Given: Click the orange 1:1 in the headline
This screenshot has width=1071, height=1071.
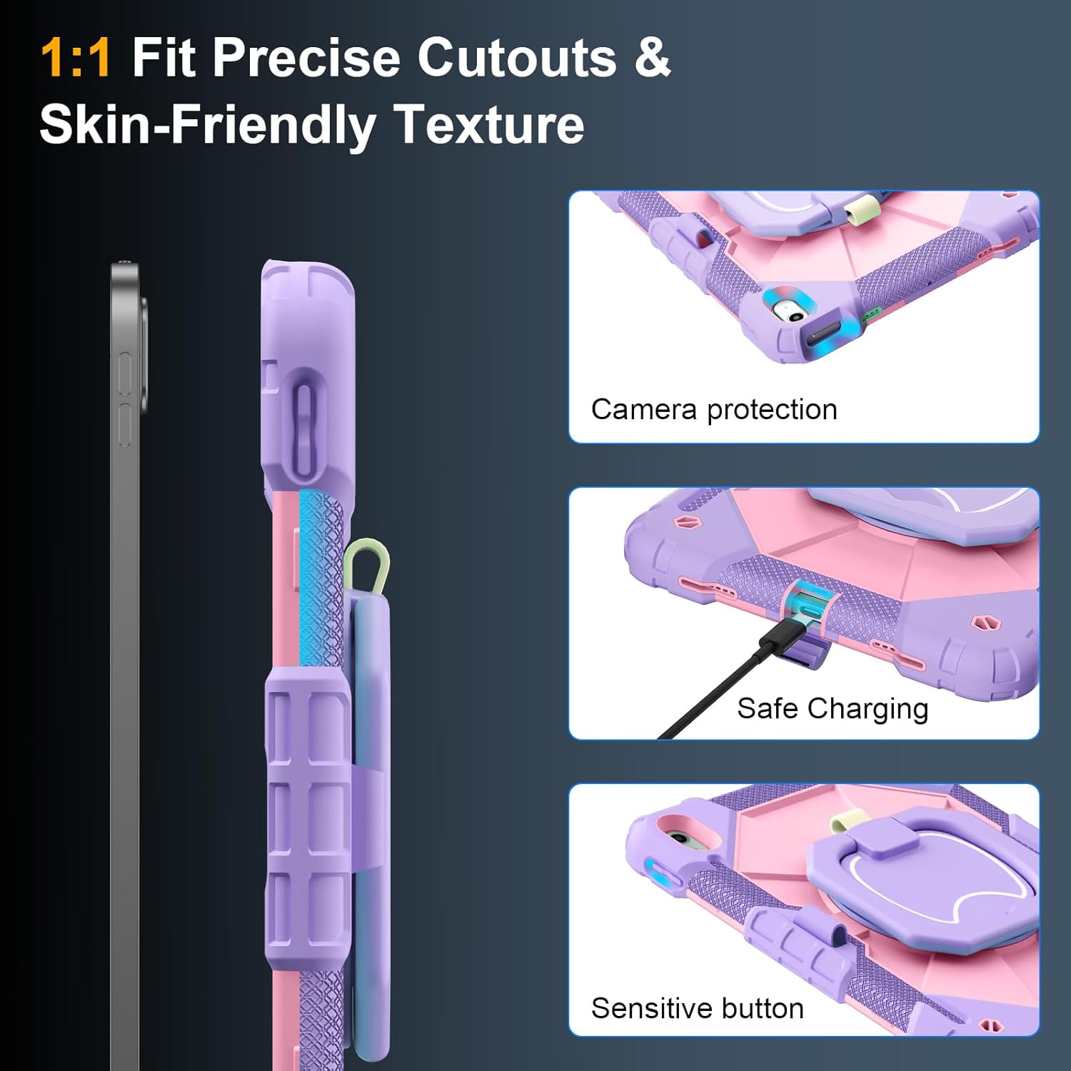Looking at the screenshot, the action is [76, 57].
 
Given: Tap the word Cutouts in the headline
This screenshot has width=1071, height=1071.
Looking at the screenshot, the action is [517, 57].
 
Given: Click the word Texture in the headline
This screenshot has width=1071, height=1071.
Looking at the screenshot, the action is [489, 124].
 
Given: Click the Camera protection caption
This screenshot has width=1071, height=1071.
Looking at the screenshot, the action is [714, 410].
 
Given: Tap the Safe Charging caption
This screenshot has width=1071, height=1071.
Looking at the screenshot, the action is [833, 709].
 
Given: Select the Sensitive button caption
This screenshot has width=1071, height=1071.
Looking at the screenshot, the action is [698, 1008].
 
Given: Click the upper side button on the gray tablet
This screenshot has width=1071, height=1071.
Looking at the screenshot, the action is [124, 373].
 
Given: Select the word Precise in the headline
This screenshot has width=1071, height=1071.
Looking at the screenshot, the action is [306, 57].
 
